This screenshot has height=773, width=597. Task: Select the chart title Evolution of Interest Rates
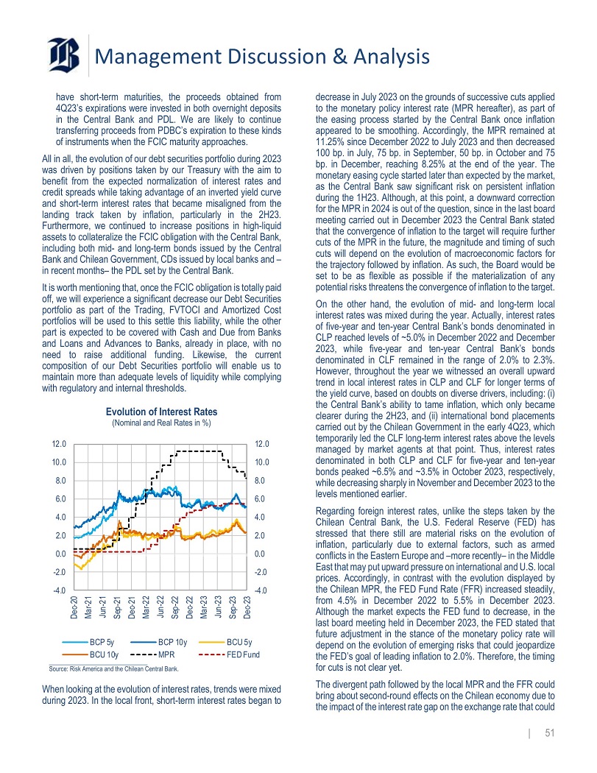coord(161,412)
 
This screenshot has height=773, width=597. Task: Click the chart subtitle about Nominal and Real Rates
coord(161,423)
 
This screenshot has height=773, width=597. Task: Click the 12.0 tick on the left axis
coord(59,444)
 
